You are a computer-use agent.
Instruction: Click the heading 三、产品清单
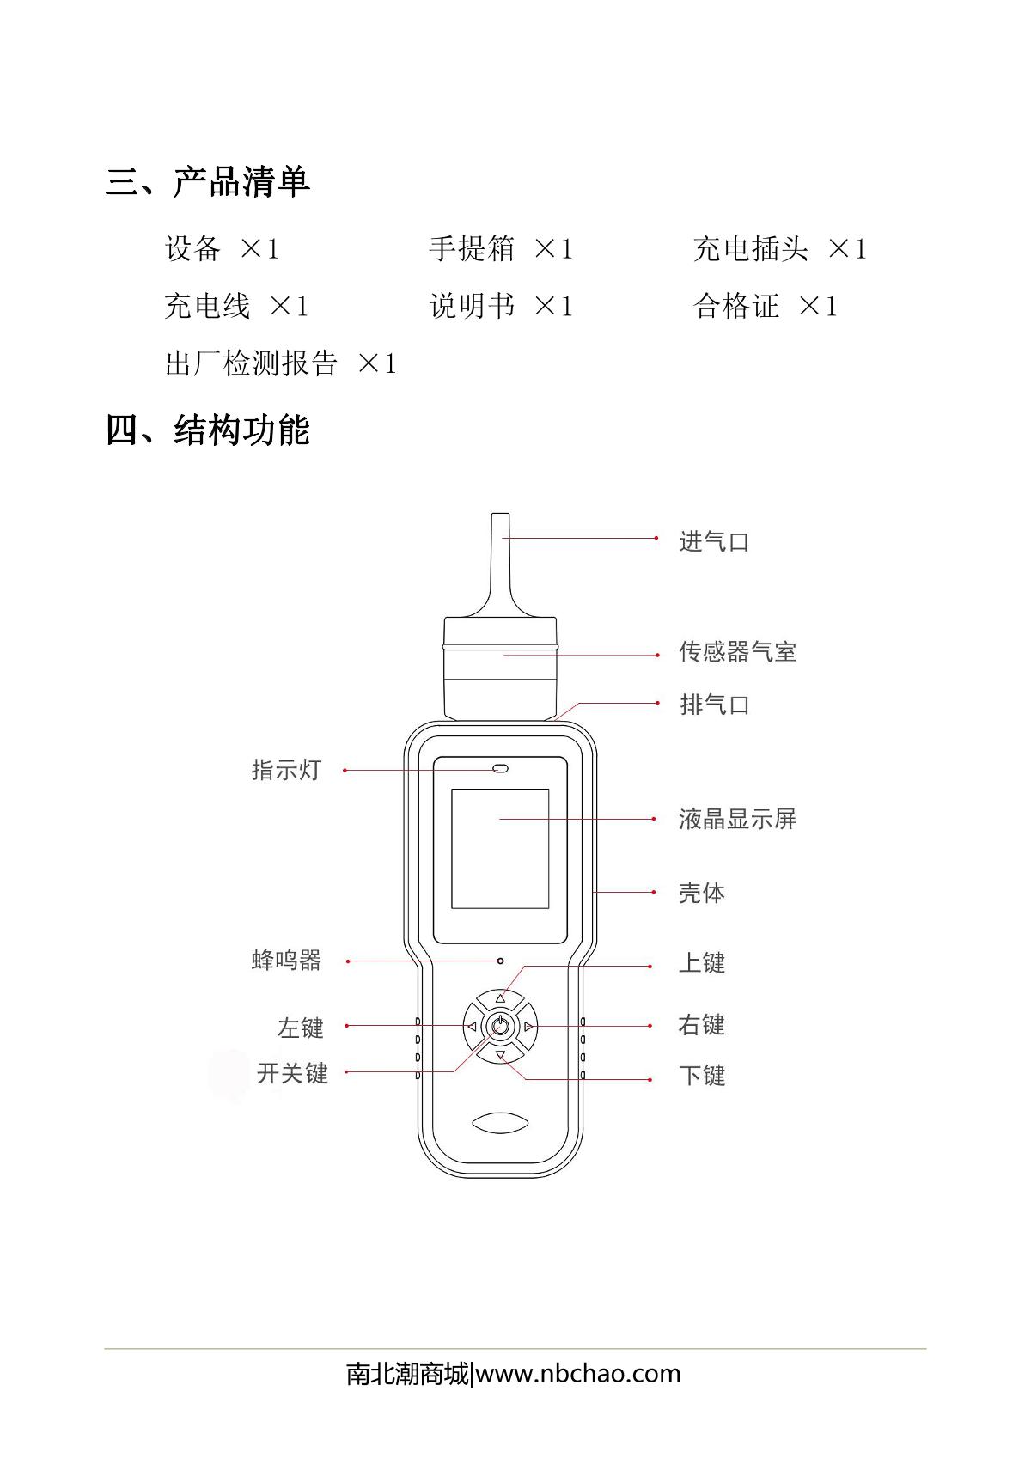click(208, 181)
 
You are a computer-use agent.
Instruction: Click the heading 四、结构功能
click(208, 430)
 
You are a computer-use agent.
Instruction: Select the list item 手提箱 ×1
click(501, 248)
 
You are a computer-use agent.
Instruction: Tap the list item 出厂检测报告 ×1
click(281, 363)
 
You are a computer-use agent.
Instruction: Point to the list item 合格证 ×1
click(765, 306)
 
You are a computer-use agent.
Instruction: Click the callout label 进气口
click(714, 541)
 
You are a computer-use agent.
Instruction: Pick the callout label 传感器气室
click(737, 651)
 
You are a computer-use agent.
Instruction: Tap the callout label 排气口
click(714, 705)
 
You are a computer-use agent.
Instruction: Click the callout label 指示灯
click(286, 770)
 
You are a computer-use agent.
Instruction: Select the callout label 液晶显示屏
click(737, 819)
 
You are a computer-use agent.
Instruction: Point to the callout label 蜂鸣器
click(286, 961)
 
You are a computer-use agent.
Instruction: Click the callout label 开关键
click(292, 1073)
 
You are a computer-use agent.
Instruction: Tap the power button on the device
click(500, 1027)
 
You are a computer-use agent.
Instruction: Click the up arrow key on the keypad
click(500, 998)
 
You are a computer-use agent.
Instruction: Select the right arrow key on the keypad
click(528, 1027)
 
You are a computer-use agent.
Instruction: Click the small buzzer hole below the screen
click(500, 961)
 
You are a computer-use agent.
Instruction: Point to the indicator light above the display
click(500, 769)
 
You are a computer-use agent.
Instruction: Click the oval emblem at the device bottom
click(500, 1123)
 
